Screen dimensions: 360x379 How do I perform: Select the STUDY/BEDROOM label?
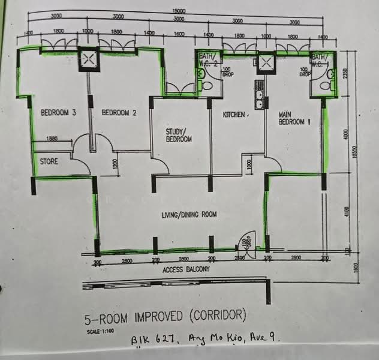(179, 136)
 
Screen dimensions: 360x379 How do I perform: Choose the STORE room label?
(49, 161)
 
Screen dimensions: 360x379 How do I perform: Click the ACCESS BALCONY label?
(187, 270)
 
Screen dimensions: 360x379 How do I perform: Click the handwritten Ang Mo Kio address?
(206, 341)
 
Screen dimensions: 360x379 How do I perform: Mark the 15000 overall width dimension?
(178, 11)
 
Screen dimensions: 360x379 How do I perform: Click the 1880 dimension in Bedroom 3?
(52, 139)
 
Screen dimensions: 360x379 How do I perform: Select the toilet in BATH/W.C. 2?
(207, 86)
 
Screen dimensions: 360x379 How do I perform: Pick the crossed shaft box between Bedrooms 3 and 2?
(89, 58)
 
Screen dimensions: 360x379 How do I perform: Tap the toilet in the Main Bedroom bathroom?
(326, 86)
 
